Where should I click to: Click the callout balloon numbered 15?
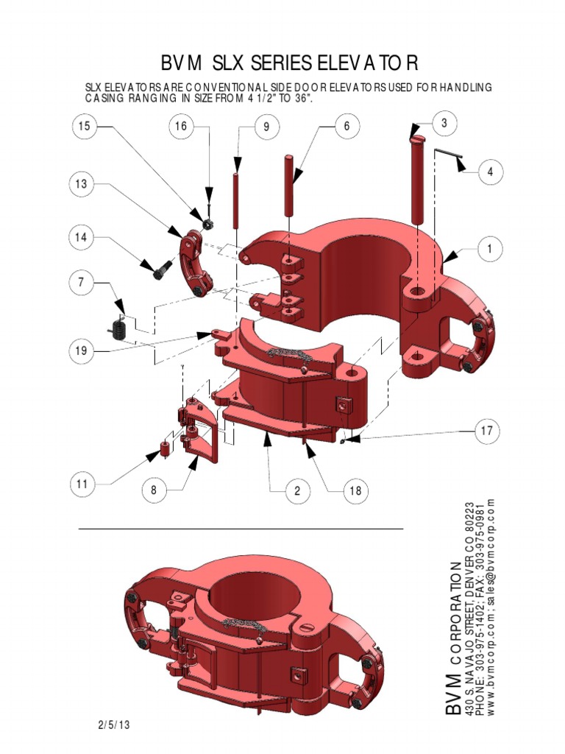click(x=85, y=127)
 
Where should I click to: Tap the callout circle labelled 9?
click(x=266, y=127)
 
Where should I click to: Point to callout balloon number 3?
click(x=444, y=123)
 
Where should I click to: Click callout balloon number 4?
click(x=490, y=172)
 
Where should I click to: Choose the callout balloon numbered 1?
click(x=489, y=250)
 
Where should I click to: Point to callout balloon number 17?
click(x=486, y=431)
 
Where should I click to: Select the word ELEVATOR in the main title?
click(x=349, y=62)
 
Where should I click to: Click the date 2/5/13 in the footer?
click(x=113, y=725)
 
